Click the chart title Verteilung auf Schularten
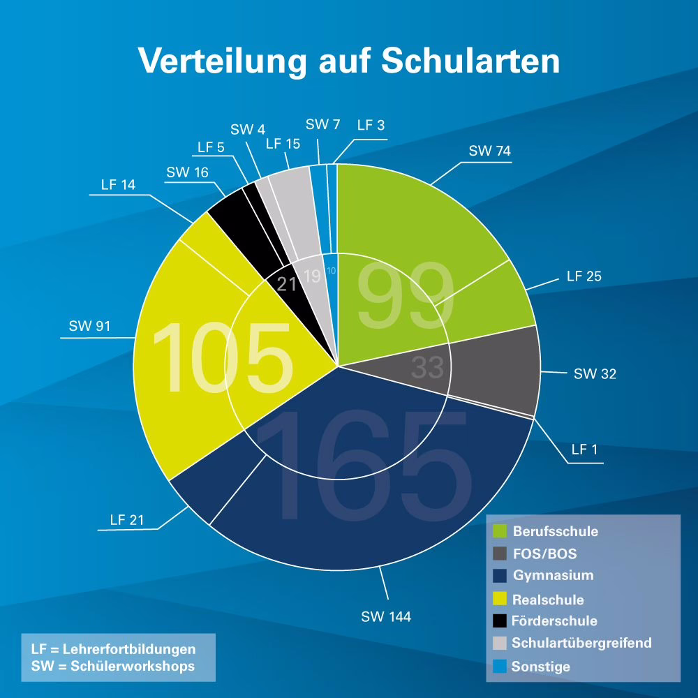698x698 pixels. point(349,61)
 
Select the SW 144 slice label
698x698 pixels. point(386,616)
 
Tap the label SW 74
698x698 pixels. point(489,151)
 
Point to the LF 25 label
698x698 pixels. point(584,276)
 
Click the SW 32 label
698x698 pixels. point(595,374)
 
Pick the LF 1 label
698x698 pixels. point(584,450)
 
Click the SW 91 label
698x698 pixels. point(89,326)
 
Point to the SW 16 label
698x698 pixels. point(187,172)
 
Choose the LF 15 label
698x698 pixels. point(283,144)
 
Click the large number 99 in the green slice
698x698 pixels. point(405,297)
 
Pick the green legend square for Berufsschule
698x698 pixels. point(500,531)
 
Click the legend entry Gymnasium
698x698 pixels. point(553,576)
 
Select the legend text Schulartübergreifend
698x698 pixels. point(581,643)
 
